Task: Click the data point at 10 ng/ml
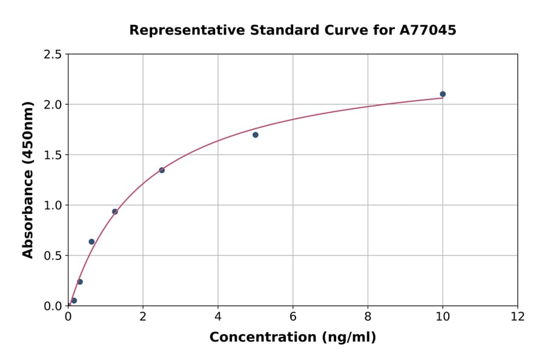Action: (x=443, y=94)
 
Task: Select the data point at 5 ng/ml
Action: (x=256, y=135)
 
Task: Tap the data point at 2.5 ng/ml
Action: (x=162, y=170)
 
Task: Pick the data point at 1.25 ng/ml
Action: (x=115, y=212)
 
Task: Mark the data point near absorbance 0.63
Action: (x=91, y=242)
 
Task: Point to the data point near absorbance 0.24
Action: (x=80, y=282)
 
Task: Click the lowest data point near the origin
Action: (x=74, y=301)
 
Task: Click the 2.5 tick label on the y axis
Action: (x=52, y=55)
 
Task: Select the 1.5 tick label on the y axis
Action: (x=52, y=155)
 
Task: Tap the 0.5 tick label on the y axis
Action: (x=52, y=256)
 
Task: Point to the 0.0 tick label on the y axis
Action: (x=52, y=306)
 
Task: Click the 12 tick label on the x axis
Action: (x=518, y=317)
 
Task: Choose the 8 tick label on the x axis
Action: (x=368, y=317)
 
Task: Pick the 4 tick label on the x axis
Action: (x=218, y=317)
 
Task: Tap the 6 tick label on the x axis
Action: (x=293, y=317)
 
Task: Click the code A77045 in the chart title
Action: (x=428, y=30)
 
